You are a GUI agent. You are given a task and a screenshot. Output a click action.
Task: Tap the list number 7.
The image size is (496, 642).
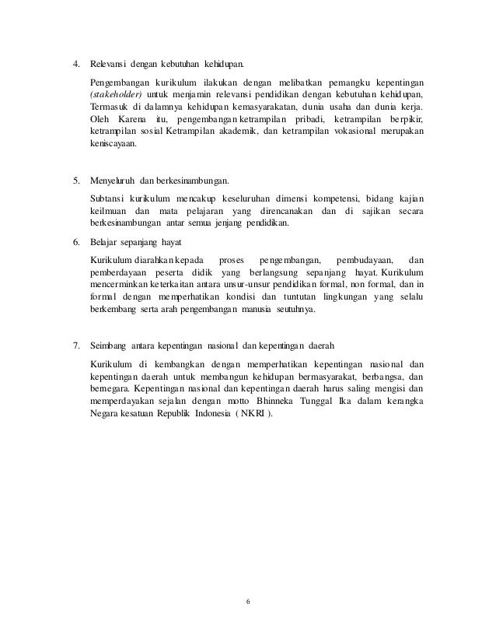pos(75,345)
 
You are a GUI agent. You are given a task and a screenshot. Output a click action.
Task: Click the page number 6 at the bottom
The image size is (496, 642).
pos(248,602)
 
